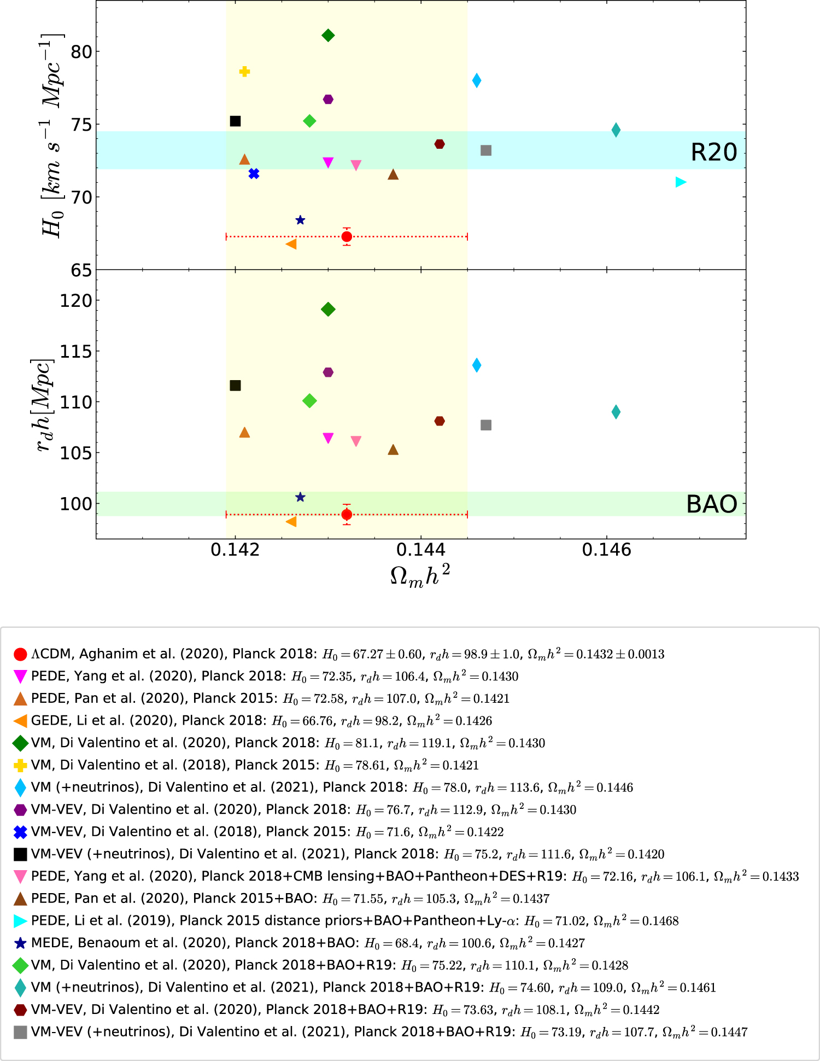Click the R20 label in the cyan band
click(x=714, y=152)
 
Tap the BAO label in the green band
click(x=712, y=504)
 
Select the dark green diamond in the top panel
click(x=328, y=36)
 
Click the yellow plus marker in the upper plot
click(x=244, y=72)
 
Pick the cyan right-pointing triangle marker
click(x=681, y=182)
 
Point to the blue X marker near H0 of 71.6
click(x=254, y=174)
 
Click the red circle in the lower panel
click(x=347, y=515)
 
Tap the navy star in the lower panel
click(x=300, y=497)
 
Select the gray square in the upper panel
click(x=486, y=150)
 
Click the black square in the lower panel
click(x=235, y=386)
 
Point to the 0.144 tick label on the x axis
click(x=421, y=550)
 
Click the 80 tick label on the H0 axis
click(x=81, y=52)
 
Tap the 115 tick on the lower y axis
click(x=76, y=351)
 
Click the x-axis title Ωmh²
click(x=420, y=575)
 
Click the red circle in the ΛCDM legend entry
click(x=20, y=655)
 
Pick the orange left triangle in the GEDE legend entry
click(x=20, y=721)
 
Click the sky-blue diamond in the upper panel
click(x=477, y=80)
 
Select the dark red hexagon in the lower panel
click(x=440, y=421)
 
